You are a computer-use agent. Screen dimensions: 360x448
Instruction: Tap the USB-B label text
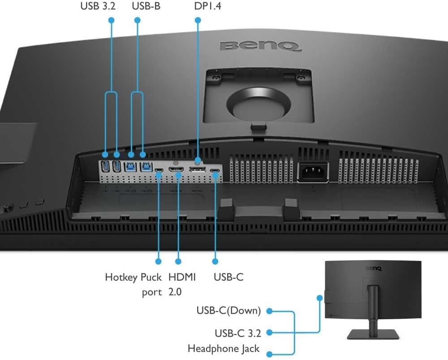146,7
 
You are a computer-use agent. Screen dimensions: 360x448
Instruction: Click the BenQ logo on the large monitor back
259,46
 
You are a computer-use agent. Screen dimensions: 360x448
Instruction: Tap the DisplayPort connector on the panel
197,169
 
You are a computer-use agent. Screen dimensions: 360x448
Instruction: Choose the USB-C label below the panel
228,277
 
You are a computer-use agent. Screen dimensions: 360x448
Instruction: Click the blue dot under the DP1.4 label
198,20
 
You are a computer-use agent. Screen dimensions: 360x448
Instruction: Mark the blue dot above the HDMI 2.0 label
178,260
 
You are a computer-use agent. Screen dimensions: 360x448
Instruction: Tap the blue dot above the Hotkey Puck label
158,260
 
